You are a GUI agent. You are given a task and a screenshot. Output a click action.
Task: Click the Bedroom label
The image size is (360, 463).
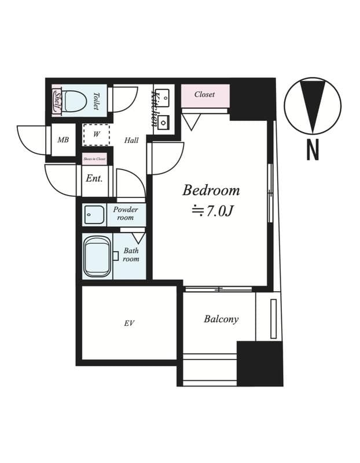[x=211, y=190]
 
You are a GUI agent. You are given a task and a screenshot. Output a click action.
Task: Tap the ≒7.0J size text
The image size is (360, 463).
[x=212, y=211]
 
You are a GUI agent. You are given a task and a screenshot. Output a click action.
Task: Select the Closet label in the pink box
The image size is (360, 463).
[x=204, y=94]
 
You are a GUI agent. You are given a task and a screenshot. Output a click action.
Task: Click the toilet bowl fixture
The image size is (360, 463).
[x=75, y=102]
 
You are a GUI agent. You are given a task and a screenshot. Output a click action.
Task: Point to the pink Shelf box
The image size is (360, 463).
[x=57, y=101]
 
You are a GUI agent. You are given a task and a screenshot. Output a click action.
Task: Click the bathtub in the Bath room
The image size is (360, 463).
[x=97, y=256]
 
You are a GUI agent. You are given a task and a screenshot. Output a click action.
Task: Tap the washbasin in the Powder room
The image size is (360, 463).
[x=94, y=215]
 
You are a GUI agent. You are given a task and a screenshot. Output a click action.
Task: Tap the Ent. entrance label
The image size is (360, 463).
[x=94, y=178]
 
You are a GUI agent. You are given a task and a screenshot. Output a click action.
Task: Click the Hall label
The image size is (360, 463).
[x=131, y=140]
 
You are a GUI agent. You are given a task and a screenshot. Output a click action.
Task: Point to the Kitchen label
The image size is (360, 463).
[x=155, y=107]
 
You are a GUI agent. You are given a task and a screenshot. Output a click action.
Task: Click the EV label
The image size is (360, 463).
[x=128, y=323]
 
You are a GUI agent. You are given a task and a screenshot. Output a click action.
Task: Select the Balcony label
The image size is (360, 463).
[x=221, y=319]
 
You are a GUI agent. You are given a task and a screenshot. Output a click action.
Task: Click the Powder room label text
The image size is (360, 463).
[x=125, y=213]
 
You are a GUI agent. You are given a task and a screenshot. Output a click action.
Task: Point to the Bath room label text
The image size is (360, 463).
[x=131, y=255]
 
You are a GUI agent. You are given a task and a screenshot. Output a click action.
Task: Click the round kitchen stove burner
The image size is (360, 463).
[x=164, y=122]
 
